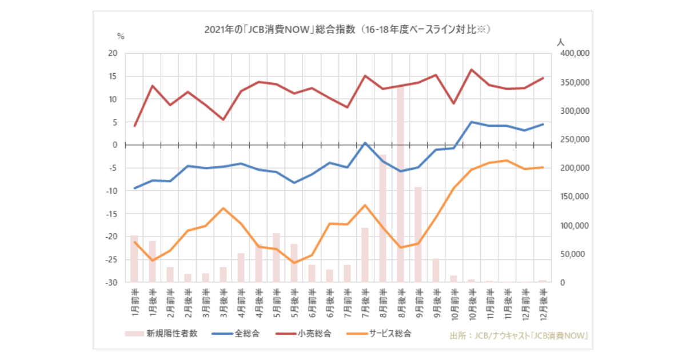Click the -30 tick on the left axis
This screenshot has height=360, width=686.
(111, 282)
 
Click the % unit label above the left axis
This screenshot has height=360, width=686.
(121, 36)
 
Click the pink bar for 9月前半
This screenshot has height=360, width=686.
(418, 234)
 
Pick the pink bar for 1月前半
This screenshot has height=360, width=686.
(134, 259)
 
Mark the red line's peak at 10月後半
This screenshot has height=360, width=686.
(471, 70)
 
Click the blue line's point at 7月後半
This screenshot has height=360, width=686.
(365, 143)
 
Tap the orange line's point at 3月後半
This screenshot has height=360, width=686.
(223, 208)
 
